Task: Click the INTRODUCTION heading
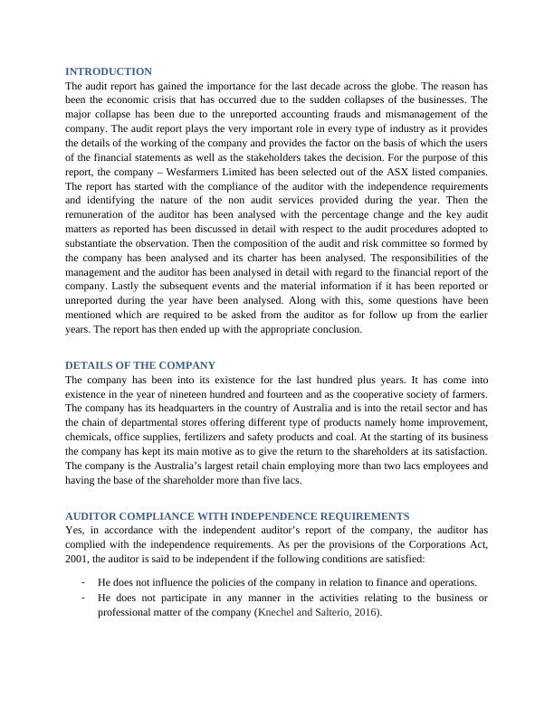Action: click(x=109, y=71)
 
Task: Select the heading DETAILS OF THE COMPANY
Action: click(x=140, y=365)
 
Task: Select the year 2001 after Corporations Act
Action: click(x=80, y=558)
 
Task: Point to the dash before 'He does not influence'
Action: click(x=82, y=582)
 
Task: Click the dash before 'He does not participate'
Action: click(x=82, y=598)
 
